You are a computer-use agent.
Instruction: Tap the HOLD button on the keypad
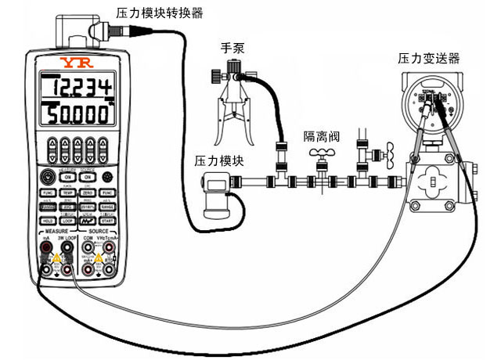(48, 221)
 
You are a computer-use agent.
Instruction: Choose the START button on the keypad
(108, 221)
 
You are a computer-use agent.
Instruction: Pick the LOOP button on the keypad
(68, 221)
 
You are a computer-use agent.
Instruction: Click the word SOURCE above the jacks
(98, 232)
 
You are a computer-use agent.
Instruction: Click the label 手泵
(232, 49)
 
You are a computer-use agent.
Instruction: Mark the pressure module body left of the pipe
(213, 196)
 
